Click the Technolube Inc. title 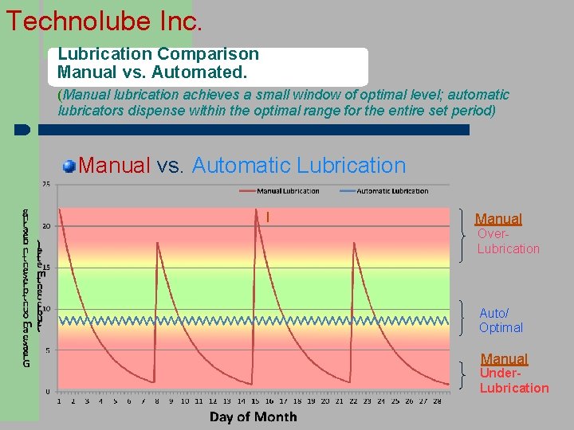[104, 20]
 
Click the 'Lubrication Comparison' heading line [158, 54]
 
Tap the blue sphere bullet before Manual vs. [70, 166]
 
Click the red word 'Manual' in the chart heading [115, 166]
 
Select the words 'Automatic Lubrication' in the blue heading [299, 166]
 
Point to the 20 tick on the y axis [46, 226]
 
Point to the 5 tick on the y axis [48, 350]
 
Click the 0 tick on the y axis [48, 391]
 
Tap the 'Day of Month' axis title [253, 416]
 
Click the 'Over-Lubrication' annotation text [508, 241]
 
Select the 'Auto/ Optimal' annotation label [501, 320]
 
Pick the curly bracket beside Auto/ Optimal [466, 319]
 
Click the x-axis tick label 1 [59, 401]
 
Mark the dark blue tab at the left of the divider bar [22, 130]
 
